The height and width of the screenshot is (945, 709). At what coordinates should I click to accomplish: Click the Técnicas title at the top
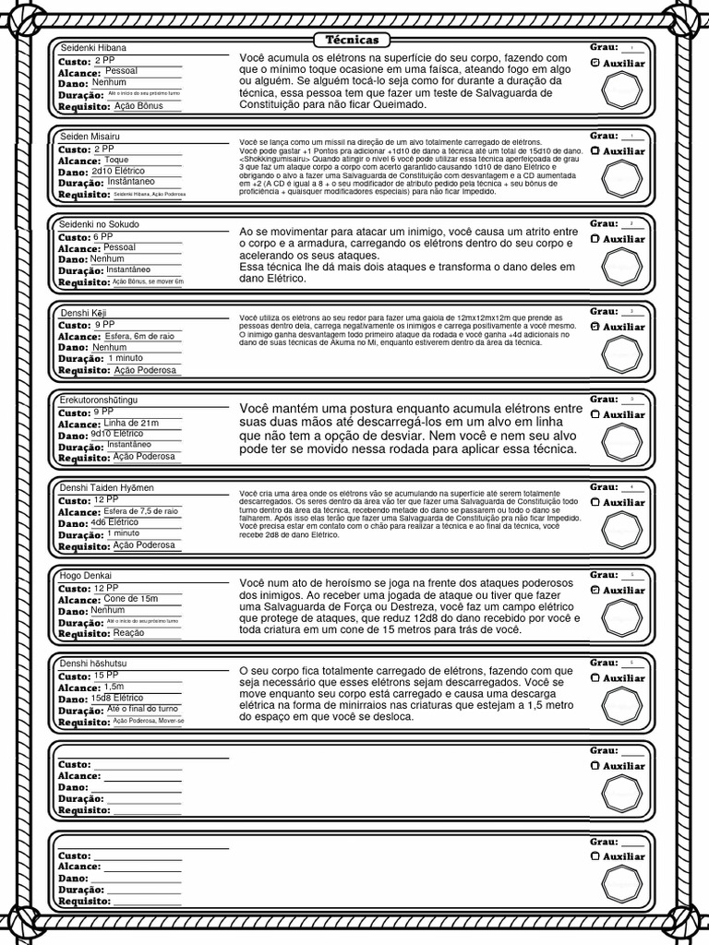(353, 40)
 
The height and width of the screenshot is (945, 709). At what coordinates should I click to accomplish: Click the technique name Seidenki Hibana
(93, 48)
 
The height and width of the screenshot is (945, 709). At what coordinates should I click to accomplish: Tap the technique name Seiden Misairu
(90, 137)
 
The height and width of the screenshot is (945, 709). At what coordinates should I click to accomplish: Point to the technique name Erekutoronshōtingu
(99, 400)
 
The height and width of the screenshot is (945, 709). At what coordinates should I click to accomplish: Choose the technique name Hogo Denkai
(86, 576)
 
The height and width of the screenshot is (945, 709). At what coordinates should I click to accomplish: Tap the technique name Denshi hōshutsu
(93, 664)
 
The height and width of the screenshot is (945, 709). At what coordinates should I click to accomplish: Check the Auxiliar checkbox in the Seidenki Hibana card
(595, 63)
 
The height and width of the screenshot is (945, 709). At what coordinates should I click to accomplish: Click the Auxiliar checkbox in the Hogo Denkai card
(595, 590)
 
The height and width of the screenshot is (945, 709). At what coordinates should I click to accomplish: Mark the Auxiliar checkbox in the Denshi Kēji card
(595, 327)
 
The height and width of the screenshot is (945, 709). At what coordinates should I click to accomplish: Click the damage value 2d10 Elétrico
(117, 172)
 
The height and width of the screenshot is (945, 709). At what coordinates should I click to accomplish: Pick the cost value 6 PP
(103, 237)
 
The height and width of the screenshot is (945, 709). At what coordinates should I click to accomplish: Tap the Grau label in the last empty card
(604, 842)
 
